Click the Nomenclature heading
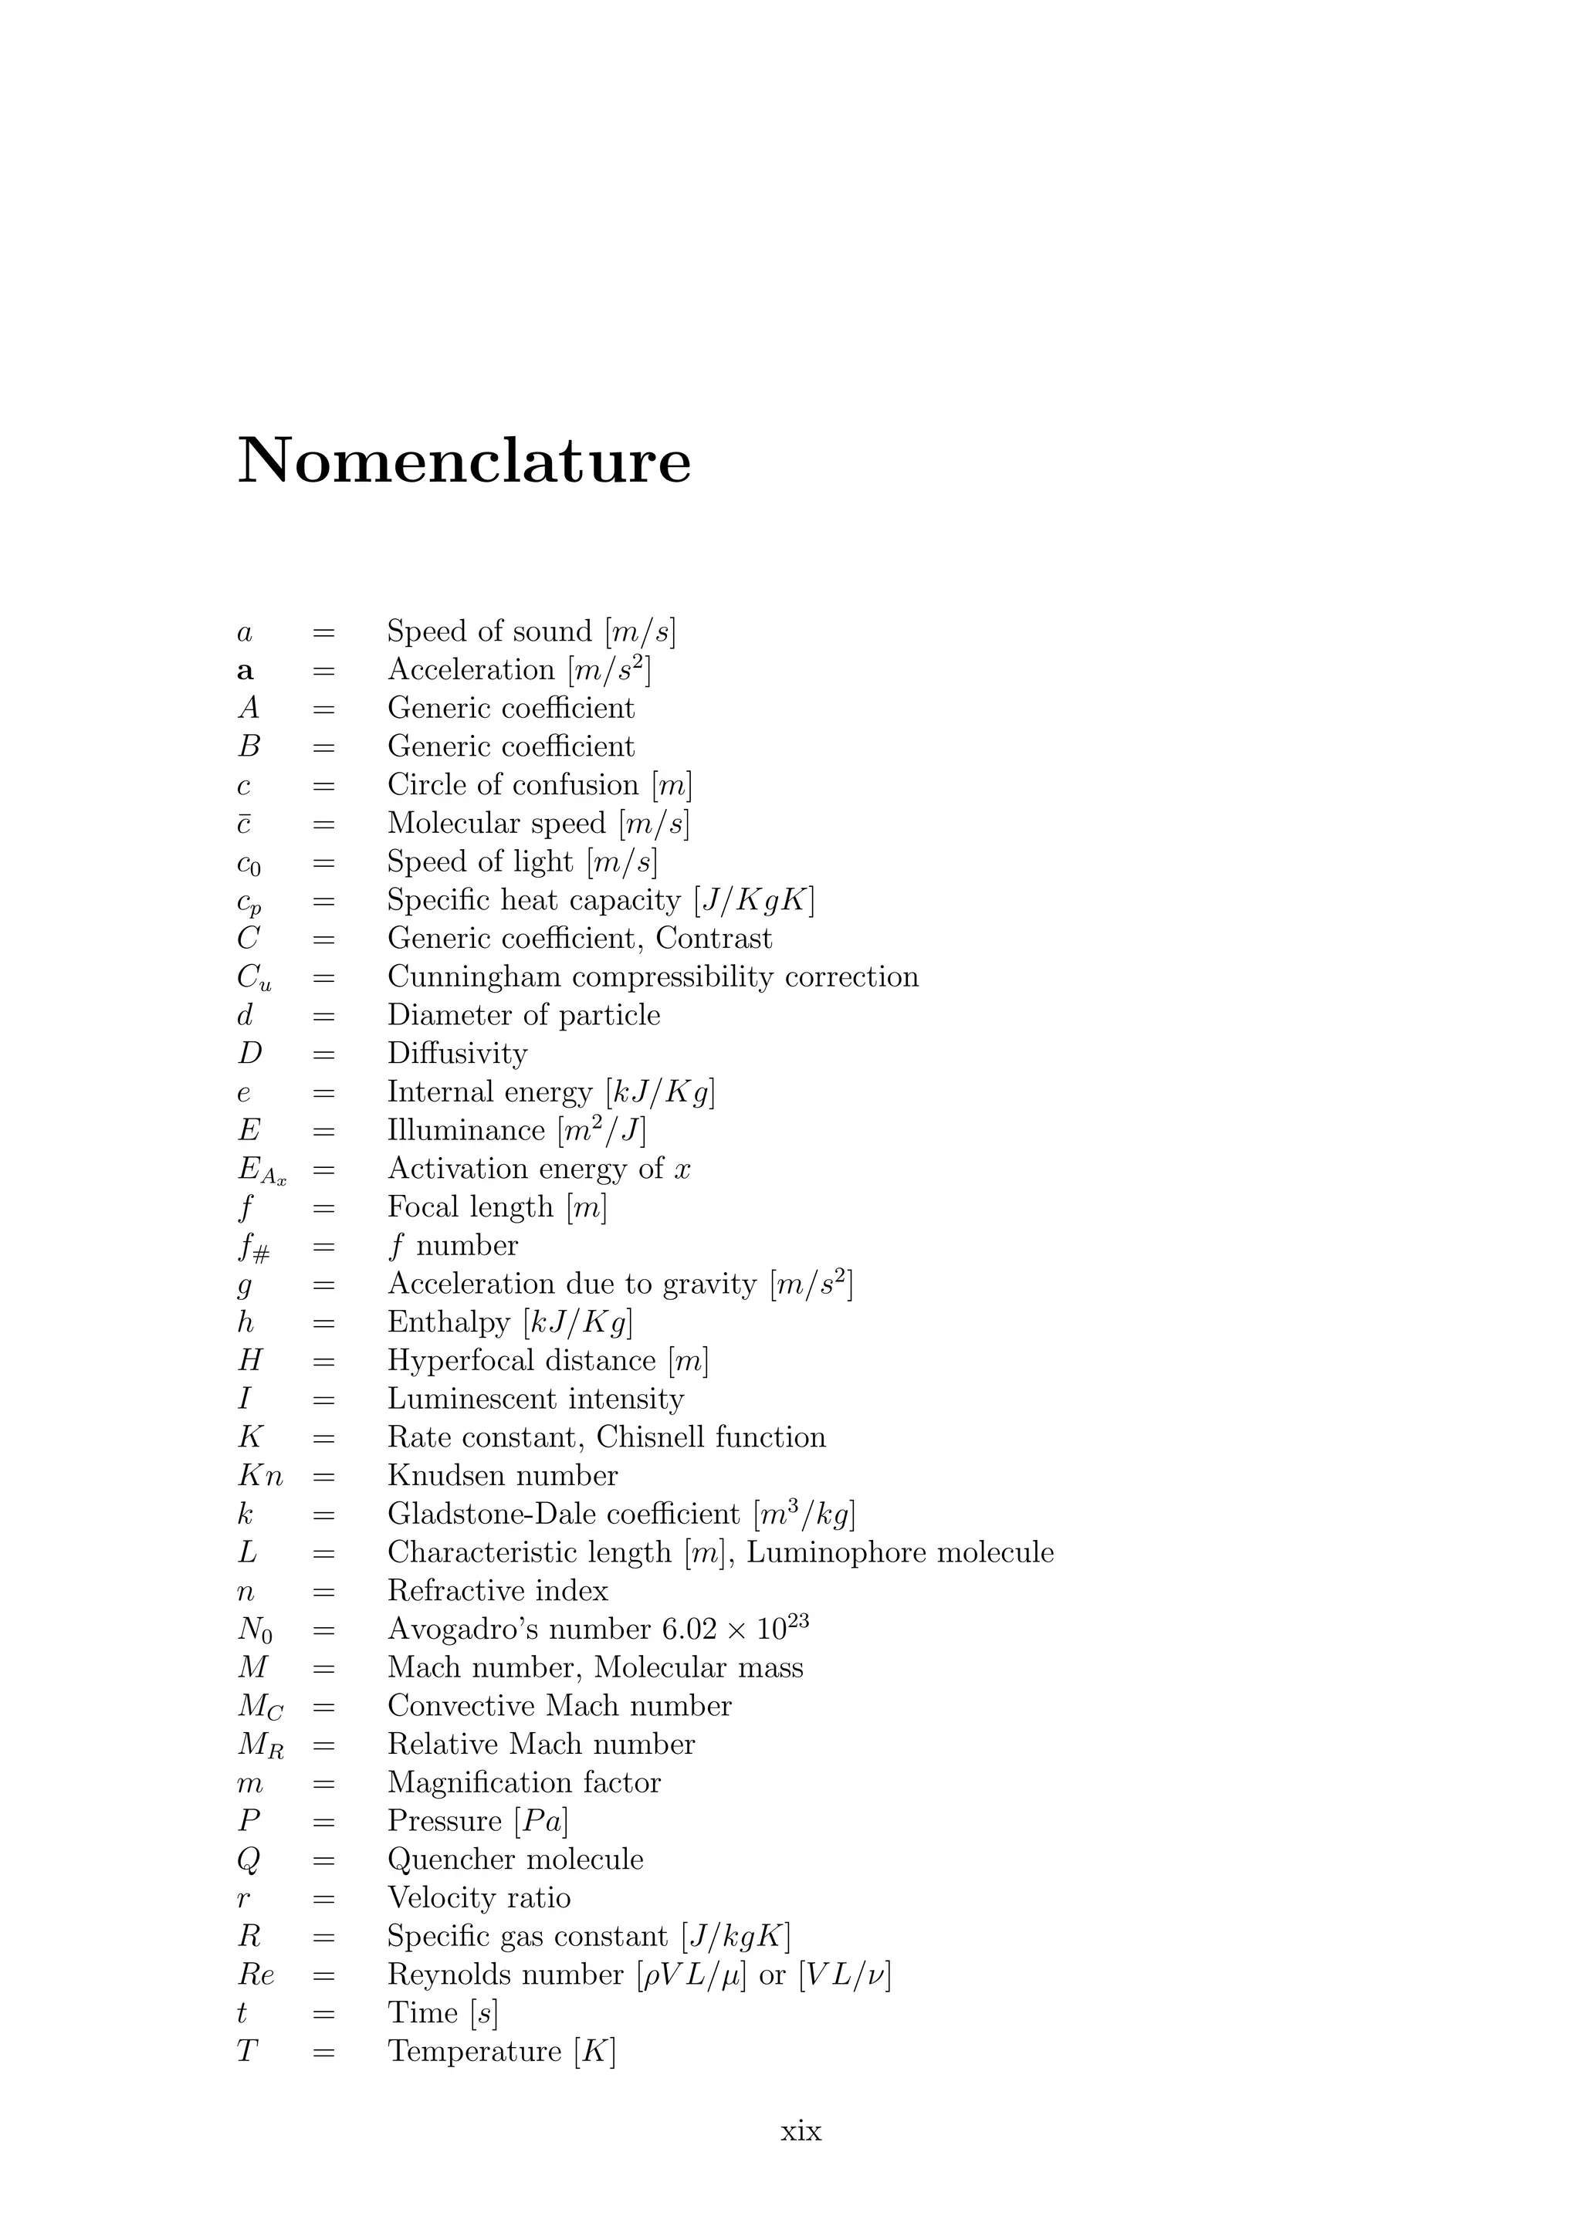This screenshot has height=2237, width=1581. pos(464,460)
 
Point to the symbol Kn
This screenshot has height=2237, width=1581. pos(260,1476)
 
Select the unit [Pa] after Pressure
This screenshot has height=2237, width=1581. pos(540,1821)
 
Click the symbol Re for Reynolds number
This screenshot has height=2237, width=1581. pos(256,1975)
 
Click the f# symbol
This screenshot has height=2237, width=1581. pos(253,1248)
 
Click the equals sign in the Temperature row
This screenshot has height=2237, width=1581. pos(323,2052)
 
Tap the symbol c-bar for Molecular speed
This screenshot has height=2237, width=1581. pos(245,824)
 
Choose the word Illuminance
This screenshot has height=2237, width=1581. pos(465,1130)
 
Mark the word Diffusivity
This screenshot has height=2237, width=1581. pos(457,1053)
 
